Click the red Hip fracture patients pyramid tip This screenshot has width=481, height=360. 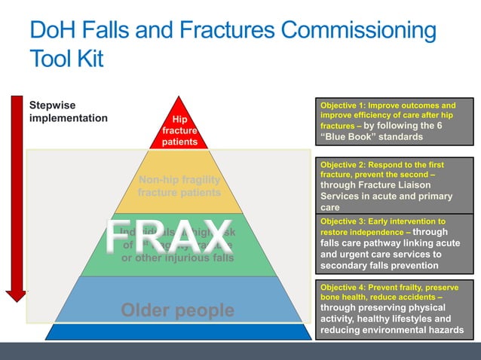click(179, 130)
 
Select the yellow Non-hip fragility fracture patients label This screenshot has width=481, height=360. click(179, 185)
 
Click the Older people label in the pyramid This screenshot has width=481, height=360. click(178, 310)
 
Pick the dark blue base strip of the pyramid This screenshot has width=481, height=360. click(179, 331)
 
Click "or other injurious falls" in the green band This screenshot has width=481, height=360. click(178, 258)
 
